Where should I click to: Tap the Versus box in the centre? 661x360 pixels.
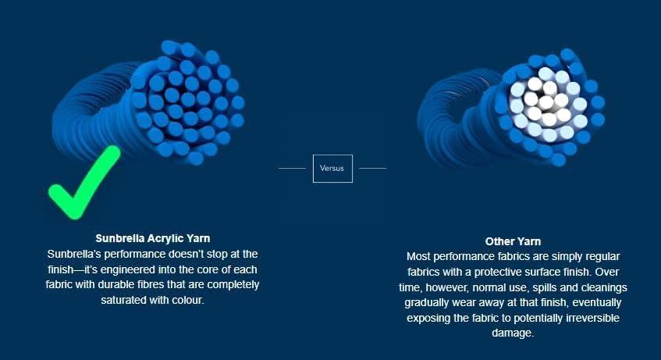332,169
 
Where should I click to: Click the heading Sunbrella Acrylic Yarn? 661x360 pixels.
153,238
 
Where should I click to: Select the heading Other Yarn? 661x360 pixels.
513,241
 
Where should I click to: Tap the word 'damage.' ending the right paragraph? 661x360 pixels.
513,333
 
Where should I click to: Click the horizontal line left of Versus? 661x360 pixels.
292,168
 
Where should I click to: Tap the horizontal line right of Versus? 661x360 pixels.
373,168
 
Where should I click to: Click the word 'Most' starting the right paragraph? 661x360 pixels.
418,257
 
